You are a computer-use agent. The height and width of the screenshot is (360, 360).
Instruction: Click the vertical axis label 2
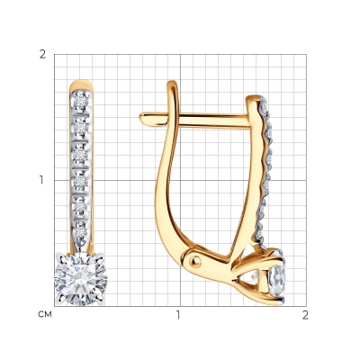point(43,54)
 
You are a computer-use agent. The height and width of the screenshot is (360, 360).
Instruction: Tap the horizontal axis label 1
point(179,315)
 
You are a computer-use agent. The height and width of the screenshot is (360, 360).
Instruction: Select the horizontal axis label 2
point(305,315)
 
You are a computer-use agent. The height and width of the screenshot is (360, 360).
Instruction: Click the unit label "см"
point(45,314)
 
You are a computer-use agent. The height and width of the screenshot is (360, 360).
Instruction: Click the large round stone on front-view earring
point(80,278)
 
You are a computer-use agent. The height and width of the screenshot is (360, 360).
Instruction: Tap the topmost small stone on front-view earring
point(81,102)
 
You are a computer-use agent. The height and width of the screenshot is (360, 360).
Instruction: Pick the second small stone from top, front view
point(81,128)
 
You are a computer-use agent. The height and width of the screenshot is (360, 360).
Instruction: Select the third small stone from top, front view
point(81,154)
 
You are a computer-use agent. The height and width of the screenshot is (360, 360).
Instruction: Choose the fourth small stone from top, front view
point(81,180)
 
